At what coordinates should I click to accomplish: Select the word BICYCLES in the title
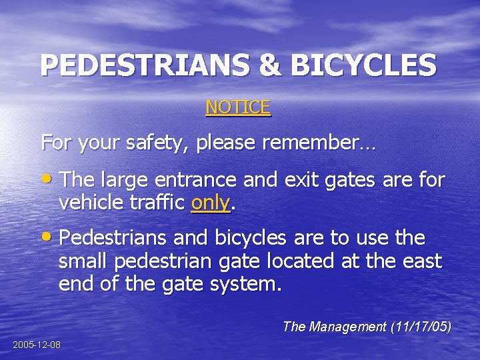pyautogui.click(x=363, y=65)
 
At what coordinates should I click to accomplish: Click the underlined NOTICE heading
pyautogui.click(x=238, y=107)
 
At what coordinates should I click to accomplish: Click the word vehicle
pyautogui.click(x=89, y=203)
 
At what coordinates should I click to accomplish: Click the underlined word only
pyautogui.click(x=210, y=203)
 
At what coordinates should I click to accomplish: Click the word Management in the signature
pyautogui.click(x=344, y=327)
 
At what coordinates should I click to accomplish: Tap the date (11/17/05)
pyautogui.click(x=421, y=327)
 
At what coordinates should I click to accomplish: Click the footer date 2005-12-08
pyautogui.click(x=37, y=345)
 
